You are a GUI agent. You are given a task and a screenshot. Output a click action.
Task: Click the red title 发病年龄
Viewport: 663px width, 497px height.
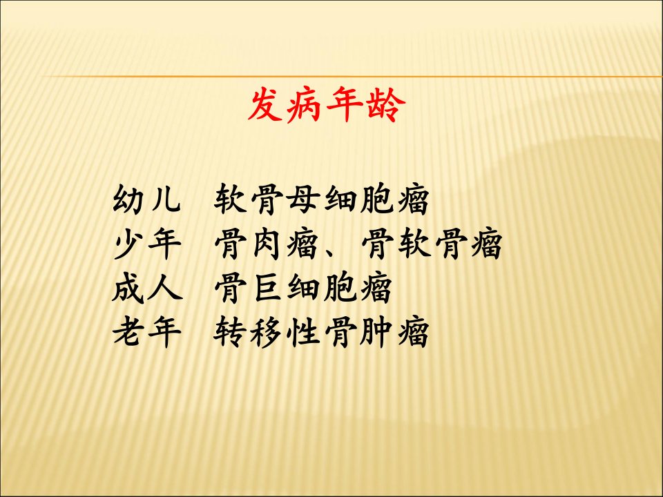327,105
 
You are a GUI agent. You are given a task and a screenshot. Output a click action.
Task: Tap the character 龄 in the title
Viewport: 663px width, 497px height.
386,105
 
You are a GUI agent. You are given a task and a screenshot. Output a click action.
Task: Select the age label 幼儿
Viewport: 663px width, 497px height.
147,199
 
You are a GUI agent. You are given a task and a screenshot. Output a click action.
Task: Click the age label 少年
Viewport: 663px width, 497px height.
147,244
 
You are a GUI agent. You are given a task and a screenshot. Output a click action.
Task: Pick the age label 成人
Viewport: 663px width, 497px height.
147,288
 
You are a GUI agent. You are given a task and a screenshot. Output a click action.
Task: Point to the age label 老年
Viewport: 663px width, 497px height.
147,332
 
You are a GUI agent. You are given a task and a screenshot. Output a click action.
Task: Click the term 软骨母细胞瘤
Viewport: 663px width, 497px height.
321,199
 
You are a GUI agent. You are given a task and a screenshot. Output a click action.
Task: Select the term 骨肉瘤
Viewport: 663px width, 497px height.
266,244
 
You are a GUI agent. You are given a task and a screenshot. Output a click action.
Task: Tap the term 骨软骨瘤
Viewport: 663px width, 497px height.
432,244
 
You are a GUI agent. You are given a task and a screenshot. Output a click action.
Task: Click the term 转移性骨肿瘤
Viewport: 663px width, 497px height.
321,332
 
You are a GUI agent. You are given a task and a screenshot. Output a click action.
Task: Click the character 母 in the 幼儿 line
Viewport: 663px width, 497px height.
302,199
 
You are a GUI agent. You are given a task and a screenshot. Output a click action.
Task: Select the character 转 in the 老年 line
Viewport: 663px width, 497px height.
229,332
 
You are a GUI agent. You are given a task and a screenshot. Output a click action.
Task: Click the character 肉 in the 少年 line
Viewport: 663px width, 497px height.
266,244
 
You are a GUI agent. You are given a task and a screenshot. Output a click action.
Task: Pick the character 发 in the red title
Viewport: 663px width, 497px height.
265,105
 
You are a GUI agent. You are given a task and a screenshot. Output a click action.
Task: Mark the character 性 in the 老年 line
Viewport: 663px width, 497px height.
302,332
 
